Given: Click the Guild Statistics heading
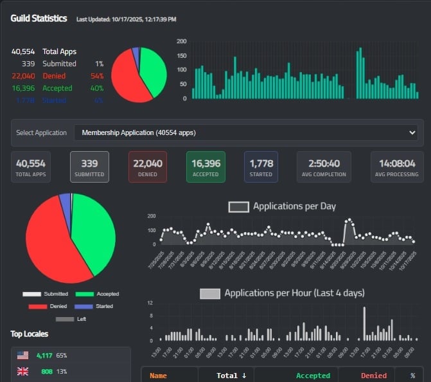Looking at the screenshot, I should (x=39, y=19).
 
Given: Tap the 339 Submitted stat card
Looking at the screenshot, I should (x=89, y=167).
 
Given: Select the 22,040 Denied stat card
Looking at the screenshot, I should (x=147, y=167).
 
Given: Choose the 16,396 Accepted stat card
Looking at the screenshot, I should (x=206, y=167).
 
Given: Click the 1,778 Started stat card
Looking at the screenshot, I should (x=261, y=167).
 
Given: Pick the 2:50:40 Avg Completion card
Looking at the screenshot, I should (x=324, y=167).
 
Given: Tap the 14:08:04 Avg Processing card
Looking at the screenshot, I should (x=397, y=167).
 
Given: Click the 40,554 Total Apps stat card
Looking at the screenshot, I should (x=31, y=167).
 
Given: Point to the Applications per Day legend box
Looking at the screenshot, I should (x=238, y=207).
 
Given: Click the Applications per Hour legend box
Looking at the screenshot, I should (x=209, y=293).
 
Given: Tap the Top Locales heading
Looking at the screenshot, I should (x=29, y=334).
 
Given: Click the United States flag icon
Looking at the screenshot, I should (x=23, y=355).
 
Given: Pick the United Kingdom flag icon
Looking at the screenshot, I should (x=23, y=371).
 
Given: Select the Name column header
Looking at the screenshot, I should (x=158, y=376).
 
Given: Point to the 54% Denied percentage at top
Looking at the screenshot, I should (x=98, y=76).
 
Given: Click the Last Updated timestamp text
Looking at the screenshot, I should (x=126, y=19).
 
